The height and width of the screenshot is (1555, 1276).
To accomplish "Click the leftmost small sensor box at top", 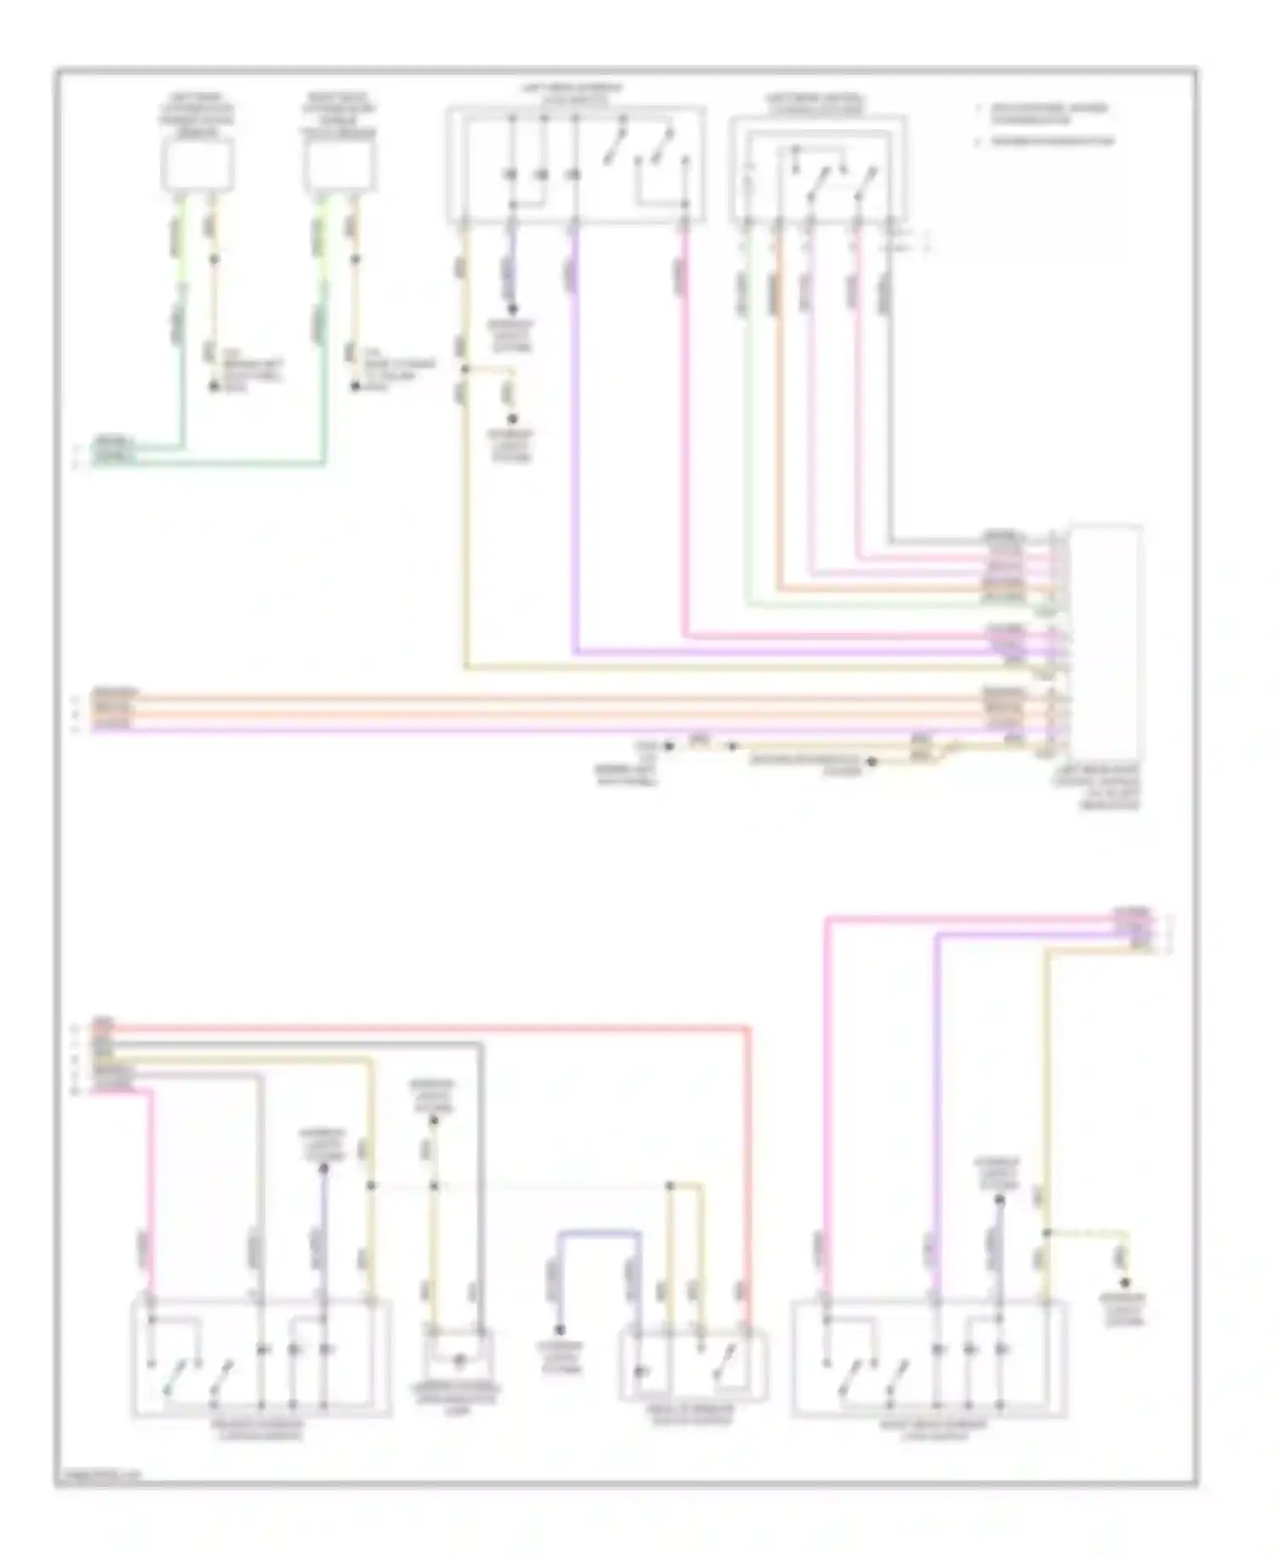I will click(197, 165).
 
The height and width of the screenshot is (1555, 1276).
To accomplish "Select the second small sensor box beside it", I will click(339, 165).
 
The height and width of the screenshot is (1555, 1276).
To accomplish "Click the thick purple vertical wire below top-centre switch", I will click(576, 442).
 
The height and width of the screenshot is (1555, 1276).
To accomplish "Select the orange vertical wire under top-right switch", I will click(777, 408).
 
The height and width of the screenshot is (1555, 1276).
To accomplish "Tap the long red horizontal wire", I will click(425, 1028).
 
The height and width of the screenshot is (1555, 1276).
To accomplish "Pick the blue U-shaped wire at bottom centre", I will click(595, 1232).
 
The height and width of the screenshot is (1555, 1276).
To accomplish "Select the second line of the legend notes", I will click(1051, 141).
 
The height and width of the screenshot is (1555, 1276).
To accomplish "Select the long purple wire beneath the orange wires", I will click(510, 730).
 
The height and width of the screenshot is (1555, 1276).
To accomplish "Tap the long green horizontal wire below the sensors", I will click(213, 464).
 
